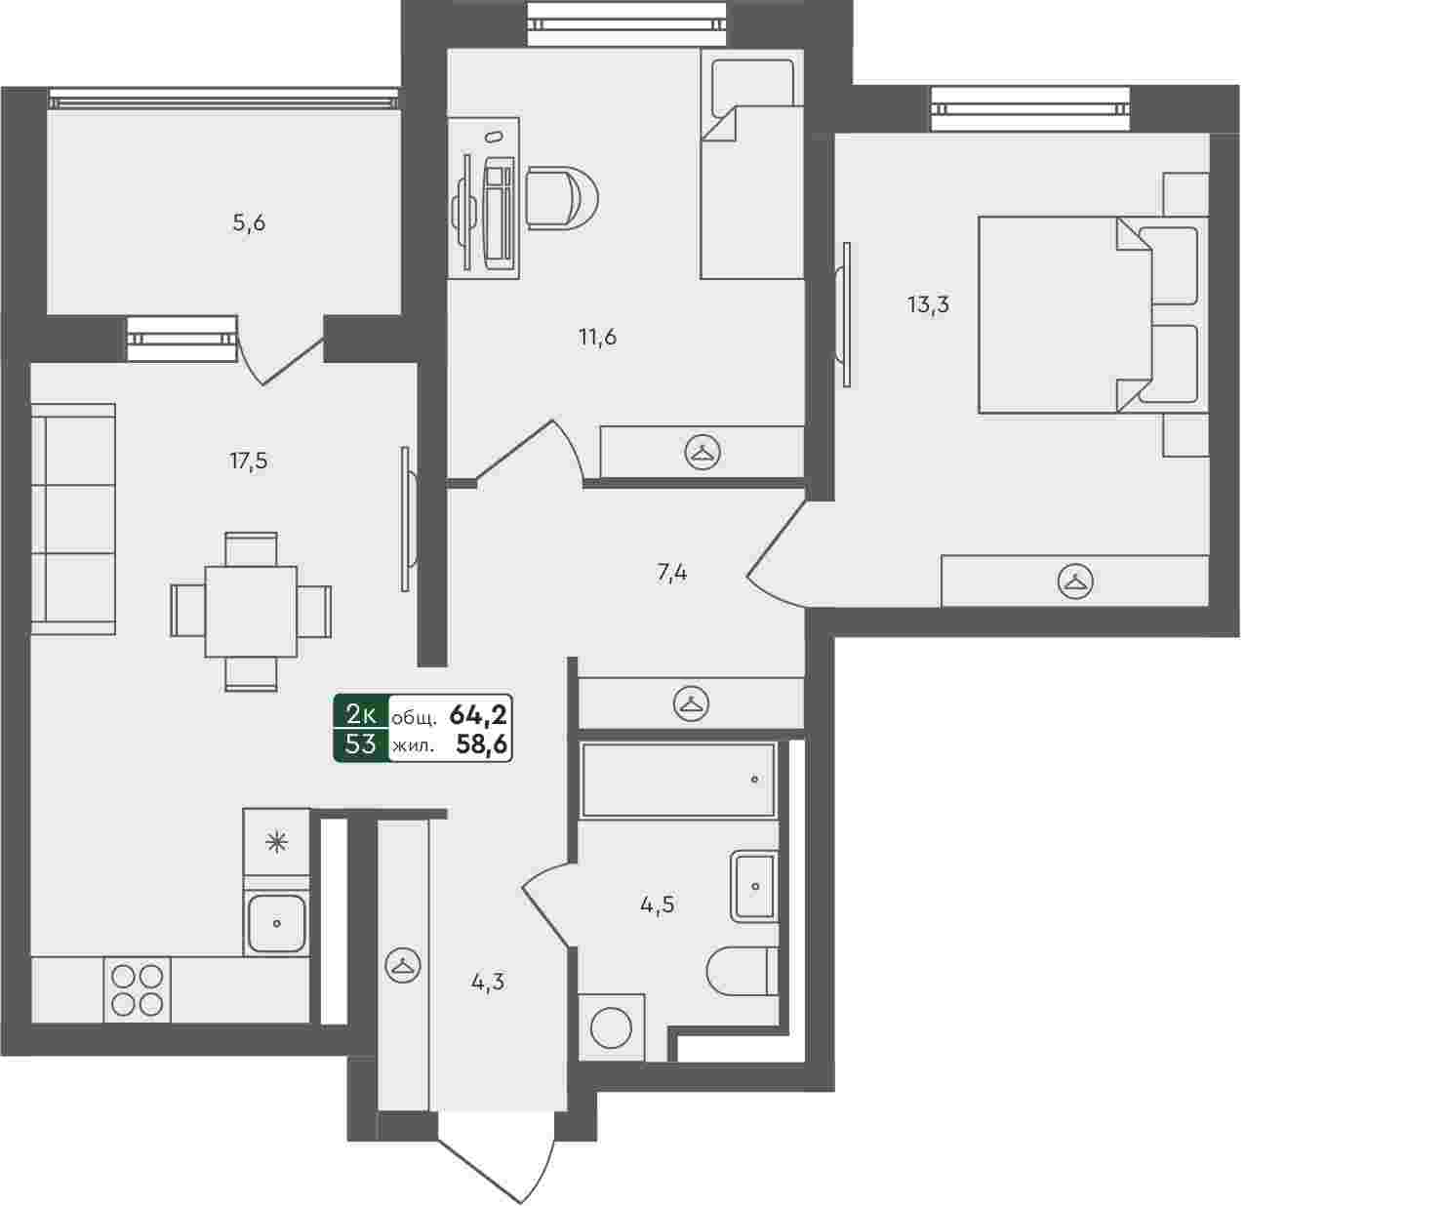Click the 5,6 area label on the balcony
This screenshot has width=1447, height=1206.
(x=249, y=223)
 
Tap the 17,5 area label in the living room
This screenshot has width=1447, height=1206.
(x=248, y=461)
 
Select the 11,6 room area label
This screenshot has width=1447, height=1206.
(x=597, y=337)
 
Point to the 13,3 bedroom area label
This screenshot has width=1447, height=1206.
(x=928, y=304)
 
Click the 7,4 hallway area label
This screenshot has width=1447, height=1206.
(x=671, y=573)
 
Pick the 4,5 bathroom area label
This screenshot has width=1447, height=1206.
(x=657, y=904)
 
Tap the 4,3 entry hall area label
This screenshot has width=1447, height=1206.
(x=488, y=982)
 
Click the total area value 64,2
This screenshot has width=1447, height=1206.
(x=478, y=713)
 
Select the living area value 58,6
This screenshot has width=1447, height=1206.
(x=481, y=744)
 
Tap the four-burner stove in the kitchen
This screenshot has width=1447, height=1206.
(x=138, y=989)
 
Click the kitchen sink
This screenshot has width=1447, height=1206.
(x=276, y=923)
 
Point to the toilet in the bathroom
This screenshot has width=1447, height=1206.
(x=742, y=971)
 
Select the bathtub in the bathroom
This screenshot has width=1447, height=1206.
(x=678, y=780)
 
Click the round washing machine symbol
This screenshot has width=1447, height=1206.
(x=611, y=1027)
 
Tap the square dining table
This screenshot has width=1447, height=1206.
(x=251, y=612)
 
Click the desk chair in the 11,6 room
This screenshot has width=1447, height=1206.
(x=561, y=197)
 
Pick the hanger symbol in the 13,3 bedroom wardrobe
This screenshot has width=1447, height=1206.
(x=1075, y=581)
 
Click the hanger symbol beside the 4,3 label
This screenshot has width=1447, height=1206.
(x=402, y=965)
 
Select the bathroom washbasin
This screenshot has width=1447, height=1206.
(x=753, y=887)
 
